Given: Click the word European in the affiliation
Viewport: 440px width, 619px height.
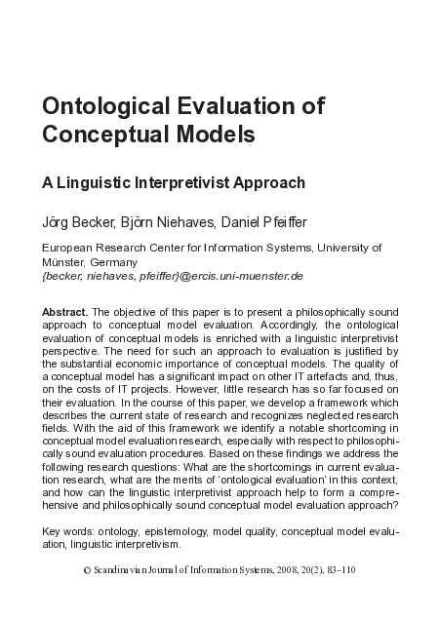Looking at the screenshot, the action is [67, 249].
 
